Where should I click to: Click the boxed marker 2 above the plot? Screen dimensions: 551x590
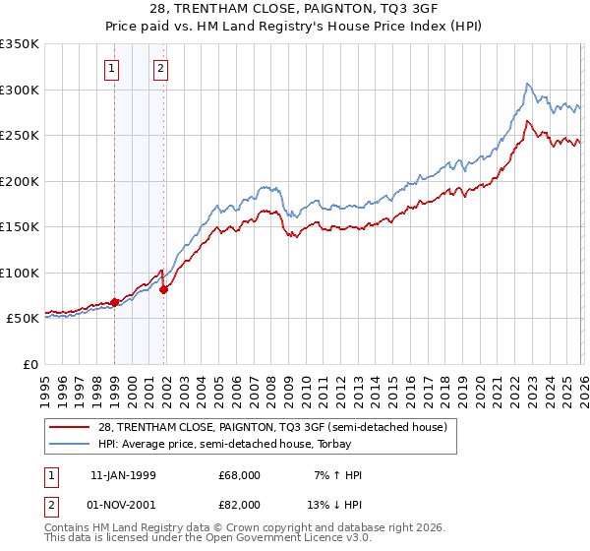pyautogui.click(x=159, y=69)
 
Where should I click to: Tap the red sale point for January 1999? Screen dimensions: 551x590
pyautogui.click(x=115, y=302)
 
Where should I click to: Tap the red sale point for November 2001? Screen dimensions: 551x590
pyautogui.click(x=164, y=289)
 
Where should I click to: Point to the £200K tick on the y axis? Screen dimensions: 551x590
pyautogui.click(x=20, y=181)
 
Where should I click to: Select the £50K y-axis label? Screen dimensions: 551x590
pyautogui.click(x=23, y=319)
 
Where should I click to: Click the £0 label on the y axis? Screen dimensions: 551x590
pyautogui.click(x=29, y=364)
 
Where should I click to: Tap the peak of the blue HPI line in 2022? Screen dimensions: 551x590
pyautogui.click(x=528, y=84)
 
